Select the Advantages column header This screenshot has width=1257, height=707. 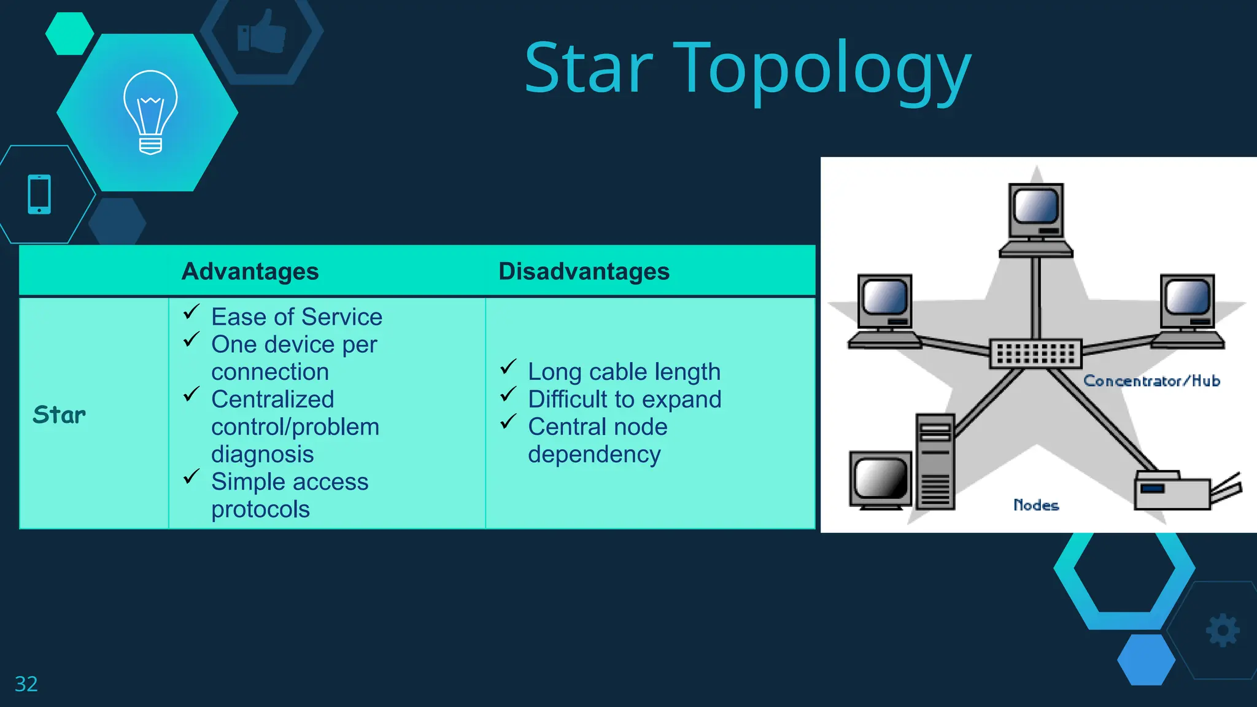250,271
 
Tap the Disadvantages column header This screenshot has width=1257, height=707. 583,271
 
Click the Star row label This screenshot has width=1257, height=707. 59,415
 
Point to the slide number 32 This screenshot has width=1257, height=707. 26,684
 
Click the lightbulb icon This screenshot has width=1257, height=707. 150,112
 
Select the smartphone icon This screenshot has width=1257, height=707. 39,195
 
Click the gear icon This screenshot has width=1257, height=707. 1223,630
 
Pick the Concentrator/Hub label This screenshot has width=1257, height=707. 1151,381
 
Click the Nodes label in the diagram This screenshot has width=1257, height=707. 1036,505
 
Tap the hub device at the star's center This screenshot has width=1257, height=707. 1035,353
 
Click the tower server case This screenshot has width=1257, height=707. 935,462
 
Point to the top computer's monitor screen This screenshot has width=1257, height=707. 1036,206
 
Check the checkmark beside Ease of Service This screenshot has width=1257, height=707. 191,312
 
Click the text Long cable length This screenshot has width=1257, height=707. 624,372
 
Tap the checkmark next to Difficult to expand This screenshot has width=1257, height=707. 508,394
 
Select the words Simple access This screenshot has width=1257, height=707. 290,482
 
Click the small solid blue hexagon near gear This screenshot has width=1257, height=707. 1146,660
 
